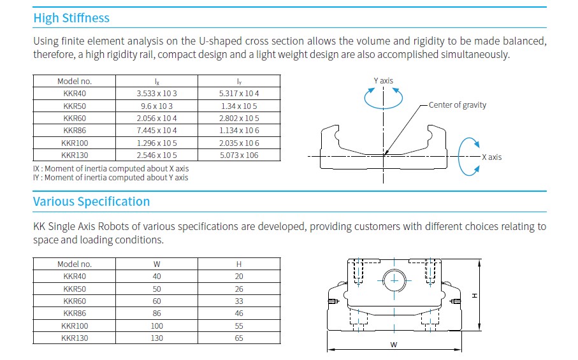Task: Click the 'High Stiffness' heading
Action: pyautogui.click(x=71, y=18)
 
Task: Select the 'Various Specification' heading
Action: pyautogui.click(x=91, y=201)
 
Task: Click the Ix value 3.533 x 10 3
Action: pyautogui.click(x=157, y=94)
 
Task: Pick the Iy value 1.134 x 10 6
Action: pyautogui.click(x=239, y=131)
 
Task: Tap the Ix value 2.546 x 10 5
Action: pyautogui.click(x=157, y=155)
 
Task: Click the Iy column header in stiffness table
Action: pyautogui.click(x=239, y=82)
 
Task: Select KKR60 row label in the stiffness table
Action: pyautogui.click(x=75, y=119)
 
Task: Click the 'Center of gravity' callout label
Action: pyautogui.click(x=458, y=105)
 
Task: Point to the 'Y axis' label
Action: pyautogui.click(x=384, y=81)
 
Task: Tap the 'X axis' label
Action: pyautogui.click(x=492, y=157)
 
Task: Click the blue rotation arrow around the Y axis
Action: pyautogui.click(x=383, y=108)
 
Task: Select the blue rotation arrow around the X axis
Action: pyautogui.click(x=459, y=157)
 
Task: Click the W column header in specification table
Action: pyautogui.click(x=157, y=264)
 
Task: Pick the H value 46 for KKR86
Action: pyautogui.click(x=239, y=313)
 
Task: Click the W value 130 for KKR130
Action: pyautogui.click(x=157, y=338)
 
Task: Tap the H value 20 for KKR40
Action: pyautogui.click(x=239, y=277)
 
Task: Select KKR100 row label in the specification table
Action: pyautogui.click(x=75, y=326)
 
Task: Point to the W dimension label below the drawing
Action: pyautogui.click(x=394, y=345)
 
